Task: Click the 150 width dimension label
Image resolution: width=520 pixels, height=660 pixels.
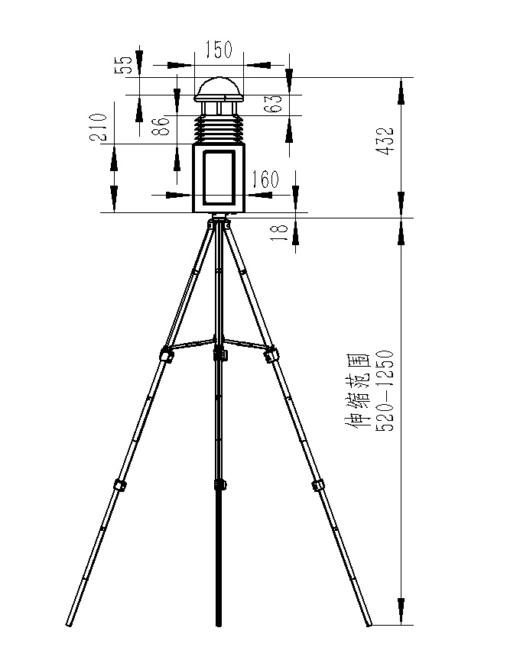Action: [x=219, y=51]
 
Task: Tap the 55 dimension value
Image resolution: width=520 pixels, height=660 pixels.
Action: [x=128, y=63]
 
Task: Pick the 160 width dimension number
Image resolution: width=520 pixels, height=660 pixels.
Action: [x=265, y=180]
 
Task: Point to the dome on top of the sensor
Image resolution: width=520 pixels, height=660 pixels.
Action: [x=219, y=89]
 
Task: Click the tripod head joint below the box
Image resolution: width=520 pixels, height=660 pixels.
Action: [x=219, y=224]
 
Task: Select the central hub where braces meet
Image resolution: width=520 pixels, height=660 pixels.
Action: [x=220, y=352]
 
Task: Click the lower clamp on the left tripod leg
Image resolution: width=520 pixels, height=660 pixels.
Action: [x=119, y=484]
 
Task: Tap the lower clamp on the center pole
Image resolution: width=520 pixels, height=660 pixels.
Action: [x=220, y=484]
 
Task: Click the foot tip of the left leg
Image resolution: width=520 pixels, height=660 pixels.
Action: [x=70, y=623]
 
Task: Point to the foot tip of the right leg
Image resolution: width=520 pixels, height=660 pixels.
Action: [x=370, y=623]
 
